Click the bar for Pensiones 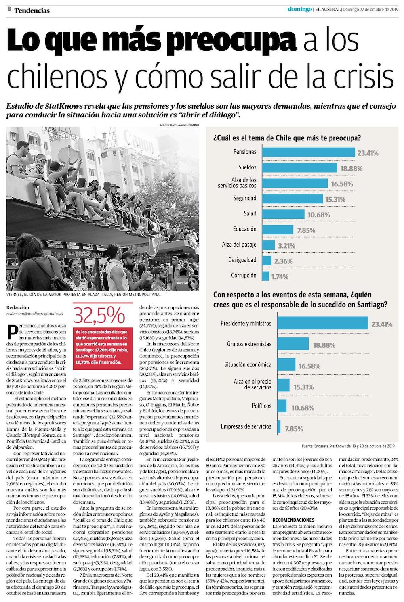[x=309, y=152]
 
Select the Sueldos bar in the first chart [x=301, y=167]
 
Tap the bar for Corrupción [x=265, y=276]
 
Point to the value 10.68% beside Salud [x=318, y=215]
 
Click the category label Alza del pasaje [x=239, y=245]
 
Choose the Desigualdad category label [x=242, y=260]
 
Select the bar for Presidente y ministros [x=315, y=324]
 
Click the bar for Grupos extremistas [x=286, y=344]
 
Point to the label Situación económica [x=248, y=365]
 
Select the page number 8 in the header [x=8, y=10]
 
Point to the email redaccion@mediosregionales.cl [x=35, y=313]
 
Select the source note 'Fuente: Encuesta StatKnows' [x=348, y=447]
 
